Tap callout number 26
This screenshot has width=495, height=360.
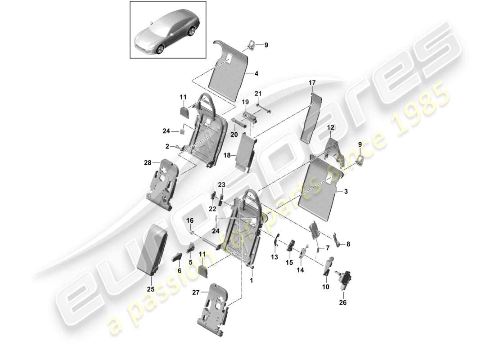click(343, 302)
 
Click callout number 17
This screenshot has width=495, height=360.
click(312, 83)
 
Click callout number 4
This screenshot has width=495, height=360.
click(256, 72)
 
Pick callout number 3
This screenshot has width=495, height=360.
click(346, 192)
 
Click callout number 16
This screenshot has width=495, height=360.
click(190, 220)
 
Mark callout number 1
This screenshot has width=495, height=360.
click(251, 280)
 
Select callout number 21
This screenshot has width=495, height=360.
click(257, 93)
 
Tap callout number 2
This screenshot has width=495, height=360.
click(167, 146)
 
